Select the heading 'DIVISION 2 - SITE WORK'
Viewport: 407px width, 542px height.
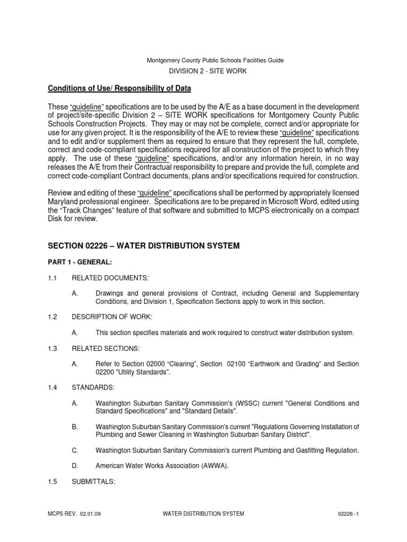click(x=208, y=70)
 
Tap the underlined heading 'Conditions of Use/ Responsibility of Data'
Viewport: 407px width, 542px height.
click(x=125, y=88)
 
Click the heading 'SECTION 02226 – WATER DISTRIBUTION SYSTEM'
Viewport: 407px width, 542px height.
click(x=144, y=246)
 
